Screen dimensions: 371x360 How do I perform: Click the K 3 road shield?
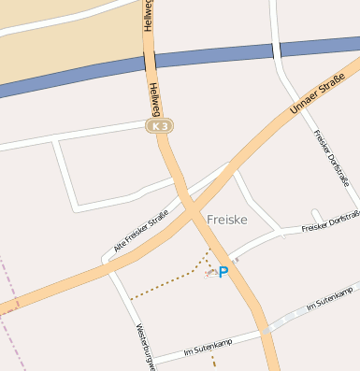point(159,124)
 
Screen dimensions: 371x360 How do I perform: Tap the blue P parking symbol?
point(223,272)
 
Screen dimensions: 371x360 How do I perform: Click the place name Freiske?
point(226,219)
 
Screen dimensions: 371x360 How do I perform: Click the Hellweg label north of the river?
point(148,17)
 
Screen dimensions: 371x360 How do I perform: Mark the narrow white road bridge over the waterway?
point(278,49)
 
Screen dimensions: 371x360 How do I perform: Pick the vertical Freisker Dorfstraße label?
point(331,156)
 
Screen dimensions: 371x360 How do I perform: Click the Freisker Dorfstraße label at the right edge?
point(332,222)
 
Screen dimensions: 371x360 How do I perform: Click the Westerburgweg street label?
point(143,347)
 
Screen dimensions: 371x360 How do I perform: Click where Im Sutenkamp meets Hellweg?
point(263,329)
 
